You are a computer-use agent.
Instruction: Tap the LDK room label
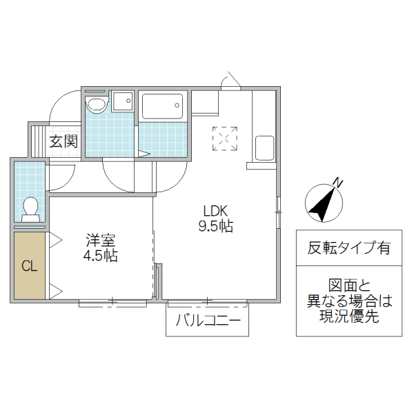coord(215,211)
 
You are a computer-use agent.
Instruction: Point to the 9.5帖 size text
coord(215,226)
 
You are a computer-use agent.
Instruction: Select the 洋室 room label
coord(101,241)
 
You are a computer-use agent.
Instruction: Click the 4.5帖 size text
coord(101,256)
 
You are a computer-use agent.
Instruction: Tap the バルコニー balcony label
coord(207,321)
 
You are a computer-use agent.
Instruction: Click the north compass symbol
coord(322,202)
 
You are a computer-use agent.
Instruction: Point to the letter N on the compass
coord(337,183)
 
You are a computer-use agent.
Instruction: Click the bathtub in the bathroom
coord(163,106)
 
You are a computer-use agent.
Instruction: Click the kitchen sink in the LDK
coord(265,148)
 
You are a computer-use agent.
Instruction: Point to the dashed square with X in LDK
coord(225,138)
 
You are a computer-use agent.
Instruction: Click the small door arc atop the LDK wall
coord(231,81)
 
